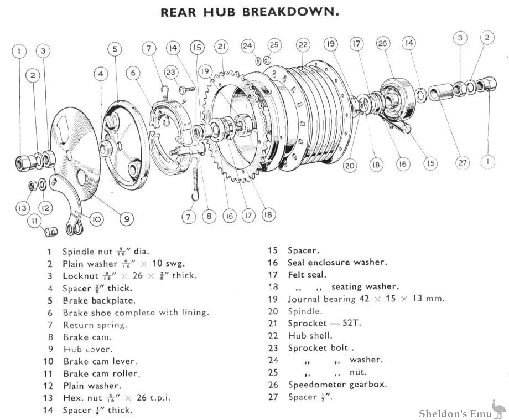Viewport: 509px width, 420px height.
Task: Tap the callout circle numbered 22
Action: (303, 44)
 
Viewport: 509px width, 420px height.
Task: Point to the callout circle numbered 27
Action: (463, 163)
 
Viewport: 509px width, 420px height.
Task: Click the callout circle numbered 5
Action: (115, 49)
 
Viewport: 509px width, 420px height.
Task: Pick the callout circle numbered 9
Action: (127, 219)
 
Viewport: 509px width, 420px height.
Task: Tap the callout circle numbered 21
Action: (222, 46)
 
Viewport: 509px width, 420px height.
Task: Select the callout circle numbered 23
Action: (172, 71)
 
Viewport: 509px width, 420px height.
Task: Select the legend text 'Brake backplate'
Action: (99, 300)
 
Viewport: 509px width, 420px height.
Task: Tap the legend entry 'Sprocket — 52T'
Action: (321, 323)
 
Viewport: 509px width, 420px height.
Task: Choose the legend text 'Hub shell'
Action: (310, 335)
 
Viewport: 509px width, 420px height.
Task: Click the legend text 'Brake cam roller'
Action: (101, 373)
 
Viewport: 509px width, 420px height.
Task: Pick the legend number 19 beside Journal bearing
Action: (273, 299)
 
